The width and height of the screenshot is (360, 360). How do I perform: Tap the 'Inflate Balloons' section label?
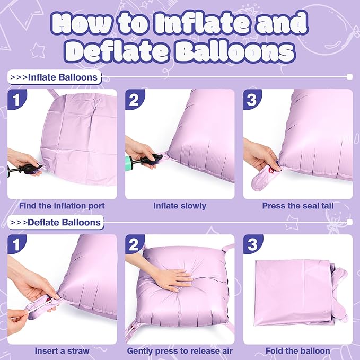(x=55, y=77)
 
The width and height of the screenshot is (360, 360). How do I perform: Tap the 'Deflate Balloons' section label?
(x=56, y=222)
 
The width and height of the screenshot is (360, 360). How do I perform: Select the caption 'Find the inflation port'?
(x=62, y=205)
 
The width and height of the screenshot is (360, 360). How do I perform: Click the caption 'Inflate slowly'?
(x=180, y=205)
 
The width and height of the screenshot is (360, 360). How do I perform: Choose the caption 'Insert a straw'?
(x=62, y=350)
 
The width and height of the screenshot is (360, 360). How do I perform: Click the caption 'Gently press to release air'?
(x=180, y=350)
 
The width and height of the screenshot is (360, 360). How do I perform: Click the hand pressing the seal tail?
(x=260, y=156)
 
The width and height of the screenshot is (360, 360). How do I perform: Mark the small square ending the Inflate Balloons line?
(x=349, y=77)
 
